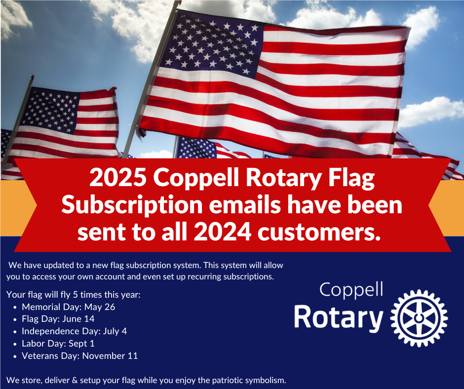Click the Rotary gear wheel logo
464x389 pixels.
[x=419, y=318]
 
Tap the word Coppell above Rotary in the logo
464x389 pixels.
[x=351, y=290]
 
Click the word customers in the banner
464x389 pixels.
[x=319, y=233]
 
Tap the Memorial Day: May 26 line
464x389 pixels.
[x=68, y=307]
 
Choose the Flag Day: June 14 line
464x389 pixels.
[x=58, y=319]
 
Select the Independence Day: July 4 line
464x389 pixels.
[x=74, y=331]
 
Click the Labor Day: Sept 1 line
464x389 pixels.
[x=58, y=344]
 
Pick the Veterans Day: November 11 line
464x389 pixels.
[x=80, y=355]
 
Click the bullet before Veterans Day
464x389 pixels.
[x=15, y=356]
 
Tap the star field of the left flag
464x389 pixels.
[x=50, y=110]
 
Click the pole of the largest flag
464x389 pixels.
[x=152, y=79]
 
